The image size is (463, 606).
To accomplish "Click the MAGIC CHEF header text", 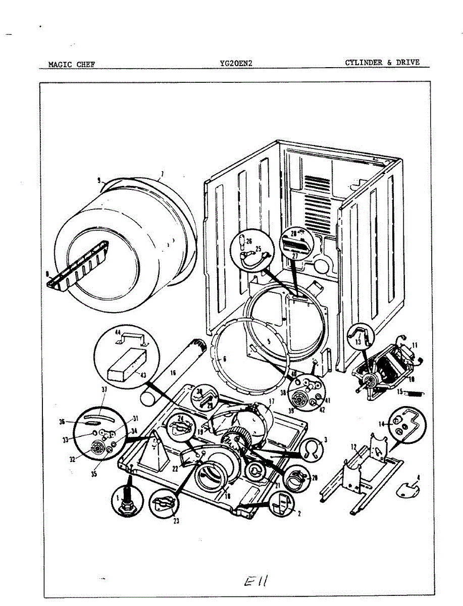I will pos(71,64).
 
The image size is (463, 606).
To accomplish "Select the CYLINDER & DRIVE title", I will pos(382,62).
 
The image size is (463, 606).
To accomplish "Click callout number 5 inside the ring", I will pos(269,341).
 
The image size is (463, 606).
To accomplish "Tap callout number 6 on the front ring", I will pos(224,359).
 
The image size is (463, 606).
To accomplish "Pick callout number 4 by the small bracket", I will pos(418,477).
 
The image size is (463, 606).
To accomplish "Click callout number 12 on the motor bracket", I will pos(353,446).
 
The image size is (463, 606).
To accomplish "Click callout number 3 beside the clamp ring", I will pos(325,440).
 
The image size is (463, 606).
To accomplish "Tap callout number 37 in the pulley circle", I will pos(105,389).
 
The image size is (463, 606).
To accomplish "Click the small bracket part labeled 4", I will pos(407,487).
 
